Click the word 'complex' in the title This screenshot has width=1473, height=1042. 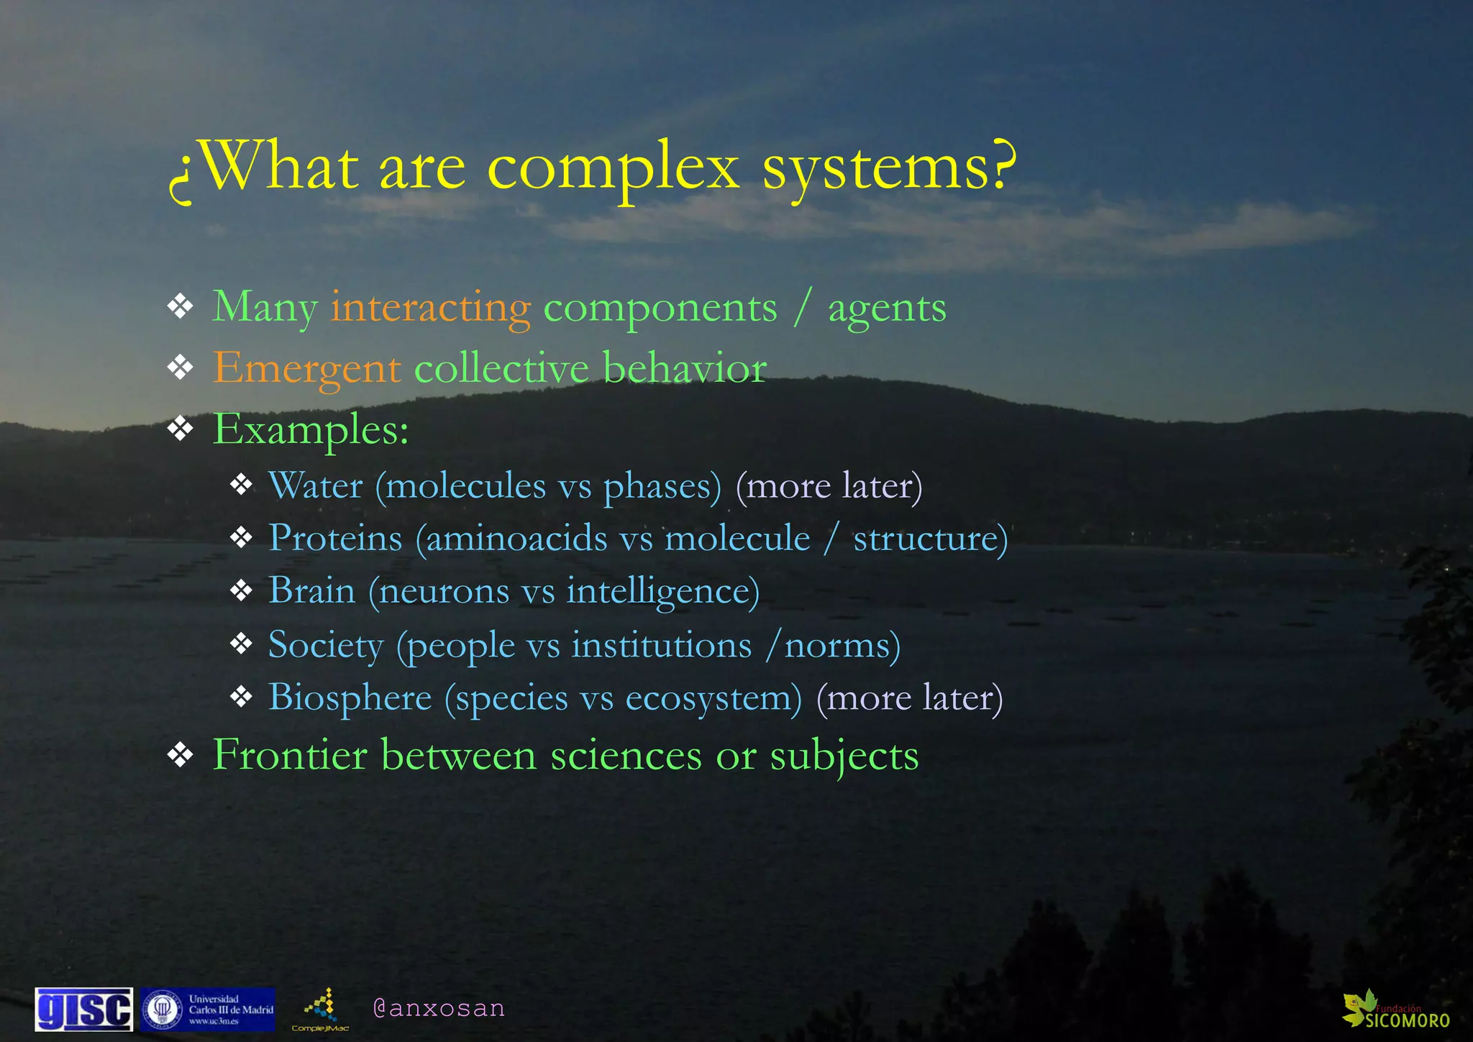[x=613, y=170]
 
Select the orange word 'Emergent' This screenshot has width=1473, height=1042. [x=306, y=369]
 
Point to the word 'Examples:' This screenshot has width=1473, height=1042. [x=311, y=430]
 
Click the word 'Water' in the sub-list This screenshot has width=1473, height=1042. [x=315, y=486]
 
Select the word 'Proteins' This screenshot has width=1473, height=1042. [x=335, y=539]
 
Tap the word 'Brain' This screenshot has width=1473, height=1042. [x=312, y=591]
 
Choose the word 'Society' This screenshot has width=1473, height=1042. [x=326, y=645]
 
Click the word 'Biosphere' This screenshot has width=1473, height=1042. [x=350, y=698]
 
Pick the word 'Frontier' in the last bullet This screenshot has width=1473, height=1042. [x=290, y=756]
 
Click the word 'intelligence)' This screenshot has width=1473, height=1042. [x=662, y=592]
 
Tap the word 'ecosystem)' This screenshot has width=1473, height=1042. [x=713, y=698]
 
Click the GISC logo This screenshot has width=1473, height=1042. [x=84, y=1010]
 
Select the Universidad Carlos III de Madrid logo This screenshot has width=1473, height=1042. [x=208, y=1010]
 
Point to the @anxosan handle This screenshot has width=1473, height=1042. [x=439, y=1008]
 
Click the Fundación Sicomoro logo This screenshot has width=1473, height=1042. [x=1395, y=1010]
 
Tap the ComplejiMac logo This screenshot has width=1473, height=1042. [x=321, y=1010]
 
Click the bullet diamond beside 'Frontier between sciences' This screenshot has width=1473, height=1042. [x=180, y=755]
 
